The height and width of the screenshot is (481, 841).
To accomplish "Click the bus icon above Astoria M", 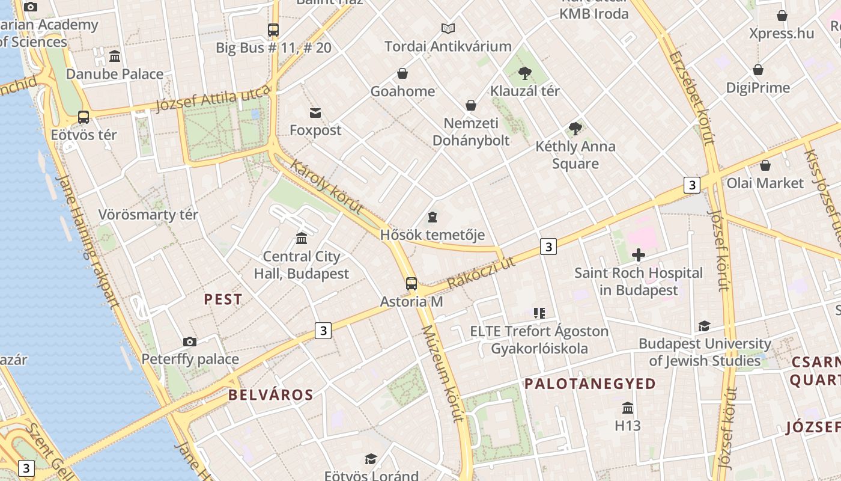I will click(x=411, y=284).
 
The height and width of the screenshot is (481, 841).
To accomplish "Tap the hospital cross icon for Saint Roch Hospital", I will click(x=638, y=256).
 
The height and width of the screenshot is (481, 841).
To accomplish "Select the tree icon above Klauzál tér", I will click(x=525, y=73).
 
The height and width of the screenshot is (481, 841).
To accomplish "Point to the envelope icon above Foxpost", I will click(x=315, y=112).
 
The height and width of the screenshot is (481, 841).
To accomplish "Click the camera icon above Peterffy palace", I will click(x=190, y=342).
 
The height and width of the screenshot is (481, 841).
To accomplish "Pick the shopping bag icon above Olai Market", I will click(x=765, y=165).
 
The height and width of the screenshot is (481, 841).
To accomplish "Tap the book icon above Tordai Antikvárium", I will click(x=448, y=28).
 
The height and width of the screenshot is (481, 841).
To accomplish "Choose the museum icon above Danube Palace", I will click(x=115, y=57).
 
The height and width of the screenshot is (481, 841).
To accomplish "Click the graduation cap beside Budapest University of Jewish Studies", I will click(x=704, y=326).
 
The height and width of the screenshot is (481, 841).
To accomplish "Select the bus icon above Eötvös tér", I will click(x=83, y=117).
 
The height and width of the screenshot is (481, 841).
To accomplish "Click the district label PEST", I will click(x=223, y=299).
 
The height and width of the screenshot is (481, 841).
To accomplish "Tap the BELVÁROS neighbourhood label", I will click(x=271, y=394).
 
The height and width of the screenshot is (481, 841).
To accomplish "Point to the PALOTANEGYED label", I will click(x=590, y=384).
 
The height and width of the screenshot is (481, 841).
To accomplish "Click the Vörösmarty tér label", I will click(x=148, y=215).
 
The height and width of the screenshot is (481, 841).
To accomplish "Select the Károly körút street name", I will click(x=327, y=186).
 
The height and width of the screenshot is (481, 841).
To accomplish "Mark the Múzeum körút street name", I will click(x=444, y=373).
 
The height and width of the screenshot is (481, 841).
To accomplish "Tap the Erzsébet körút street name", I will click(x=693, y=96).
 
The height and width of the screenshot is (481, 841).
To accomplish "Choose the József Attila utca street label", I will click(x=213, y=99).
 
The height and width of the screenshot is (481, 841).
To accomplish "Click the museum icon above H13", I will click(x=628, y=408).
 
